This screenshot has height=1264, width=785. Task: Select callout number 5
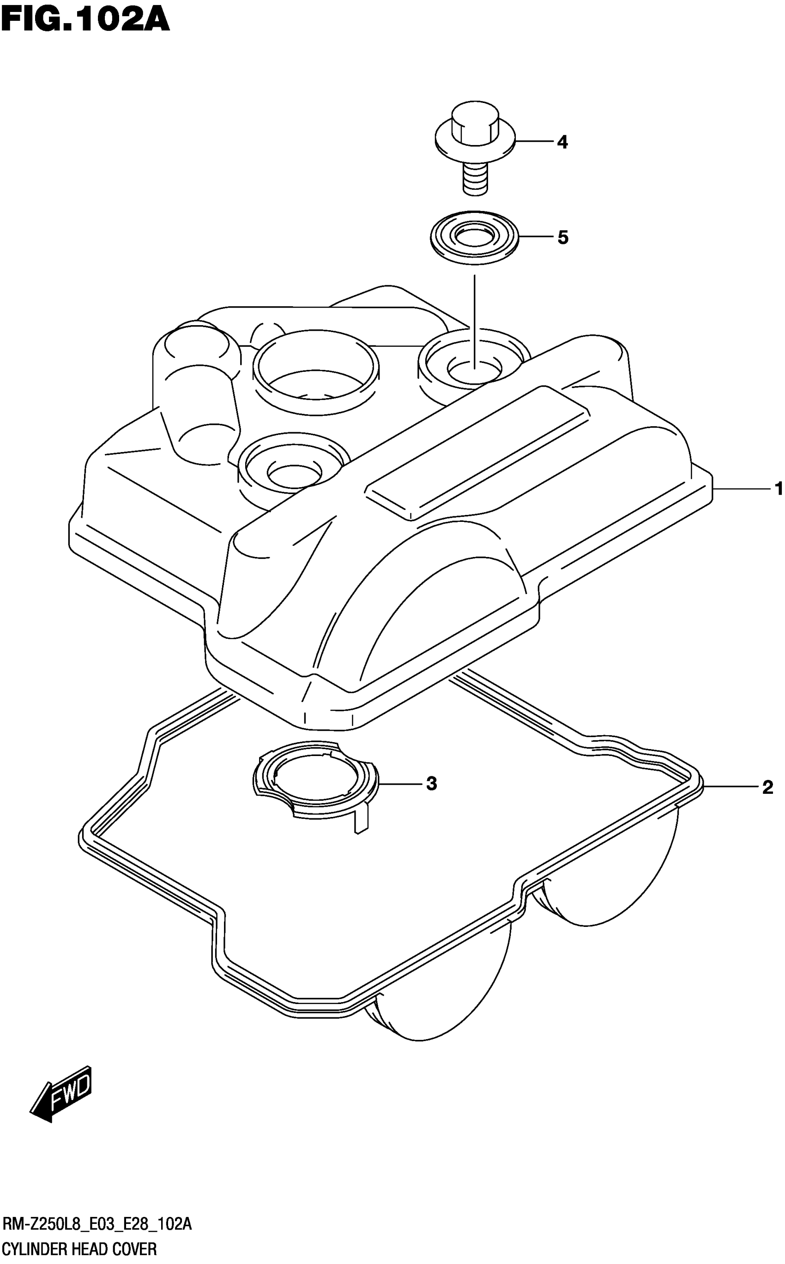point(563,238)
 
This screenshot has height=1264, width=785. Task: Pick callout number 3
point(431,783)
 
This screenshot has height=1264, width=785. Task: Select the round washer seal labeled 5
point(475,238)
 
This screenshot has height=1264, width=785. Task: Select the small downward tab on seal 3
point(360,822)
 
